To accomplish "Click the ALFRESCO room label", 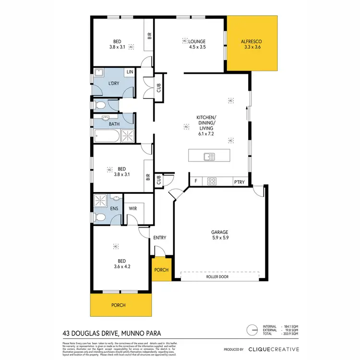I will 252,42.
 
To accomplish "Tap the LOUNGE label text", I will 197,42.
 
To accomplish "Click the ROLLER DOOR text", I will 220,276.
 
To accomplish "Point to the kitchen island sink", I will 209,156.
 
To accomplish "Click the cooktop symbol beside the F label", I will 212,181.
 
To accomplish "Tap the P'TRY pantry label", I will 239,181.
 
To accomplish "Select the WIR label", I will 133,208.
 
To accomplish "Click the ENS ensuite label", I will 114,208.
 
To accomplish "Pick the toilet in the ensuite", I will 100,217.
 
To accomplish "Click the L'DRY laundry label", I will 114,84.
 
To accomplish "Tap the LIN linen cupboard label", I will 130,72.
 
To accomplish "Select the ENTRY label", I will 159,238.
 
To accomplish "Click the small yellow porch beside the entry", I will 161,270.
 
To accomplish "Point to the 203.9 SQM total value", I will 291,335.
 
